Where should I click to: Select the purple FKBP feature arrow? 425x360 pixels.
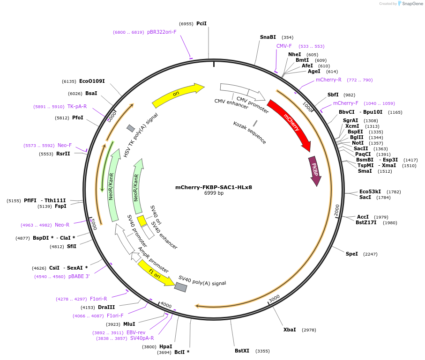tap(315, 170)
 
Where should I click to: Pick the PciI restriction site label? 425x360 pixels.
tap(201, 23)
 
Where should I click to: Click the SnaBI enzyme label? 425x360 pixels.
tap(268, 37)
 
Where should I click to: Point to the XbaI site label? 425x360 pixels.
tap(290, 330)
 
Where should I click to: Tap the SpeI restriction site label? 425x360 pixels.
tap(352, 254)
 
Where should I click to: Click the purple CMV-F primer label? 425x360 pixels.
tap(284, 46)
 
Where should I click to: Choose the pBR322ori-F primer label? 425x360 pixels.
tap(162, 32)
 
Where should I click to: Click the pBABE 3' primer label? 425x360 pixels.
tap(79, 276)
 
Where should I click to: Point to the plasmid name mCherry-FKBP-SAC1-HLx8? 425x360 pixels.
tap(214, 187)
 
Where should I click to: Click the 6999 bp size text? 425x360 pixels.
tap(214, 193)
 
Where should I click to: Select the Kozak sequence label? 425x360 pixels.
tap(250, 132)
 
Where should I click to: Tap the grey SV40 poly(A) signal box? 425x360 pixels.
tap(180, 287)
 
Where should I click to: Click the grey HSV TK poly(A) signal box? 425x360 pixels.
tap(131, 128)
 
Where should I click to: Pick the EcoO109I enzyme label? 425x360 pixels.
tap(92, 81)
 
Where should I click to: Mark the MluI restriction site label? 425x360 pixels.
tap(129, 324)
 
